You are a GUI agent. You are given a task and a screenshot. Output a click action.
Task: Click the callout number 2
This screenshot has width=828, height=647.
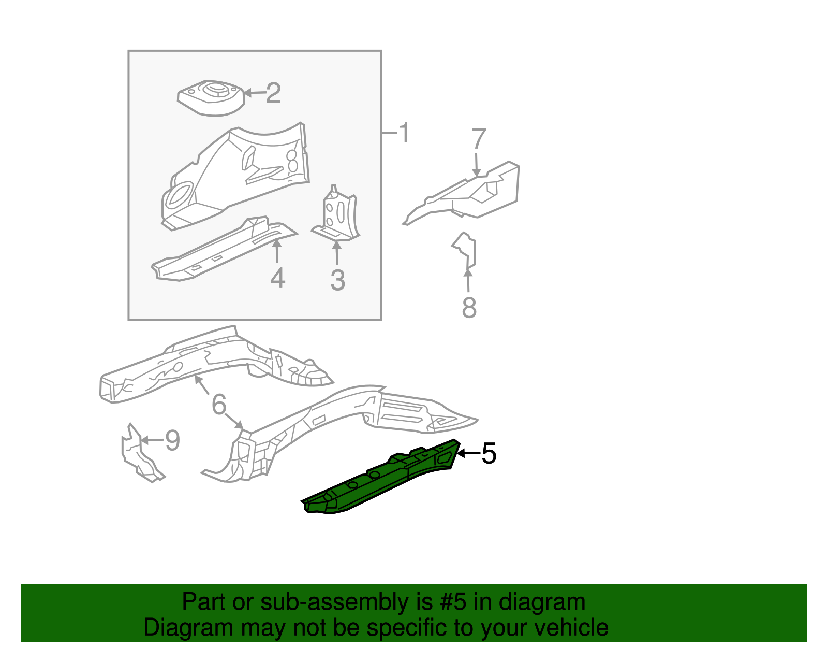click(274, 93)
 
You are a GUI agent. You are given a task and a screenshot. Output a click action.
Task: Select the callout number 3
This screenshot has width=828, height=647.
click(337, 280)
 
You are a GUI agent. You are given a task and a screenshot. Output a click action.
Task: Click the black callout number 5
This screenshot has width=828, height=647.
click(489, 453)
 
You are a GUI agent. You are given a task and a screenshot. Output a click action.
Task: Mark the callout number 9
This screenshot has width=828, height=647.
click(172, 440)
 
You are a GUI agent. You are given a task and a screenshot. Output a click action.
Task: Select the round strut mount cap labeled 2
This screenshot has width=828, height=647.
click(211, 98)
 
